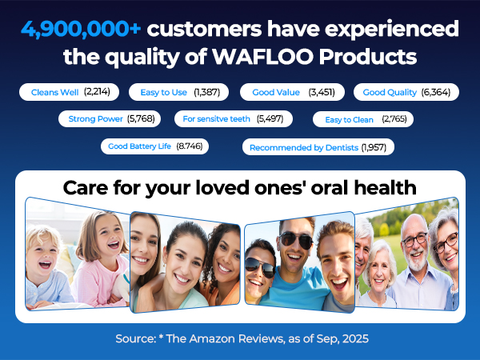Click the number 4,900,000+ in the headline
click(80, 30)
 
